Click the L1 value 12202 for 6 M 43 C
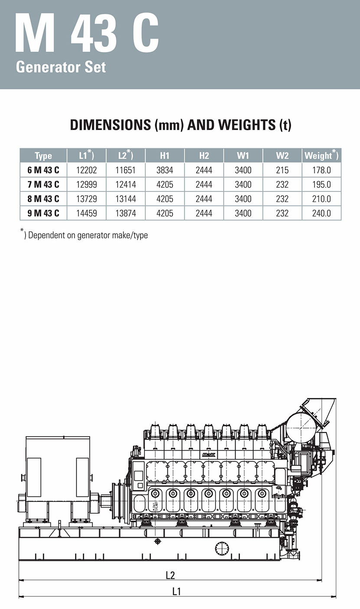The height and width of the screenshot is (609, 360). (x=86, y=170)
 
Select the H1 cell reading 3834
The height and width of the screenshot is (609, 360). (x=164, y=170)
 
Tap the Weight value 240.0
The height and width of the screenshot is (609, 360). (x=321, y=213)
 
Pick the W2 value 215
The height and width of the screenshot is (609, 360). (x=282, y=170)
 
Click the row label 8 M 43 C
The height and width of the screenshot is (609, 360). (x=43, y=199)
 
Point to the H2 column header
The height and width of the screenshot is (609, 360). (x=204, y=156)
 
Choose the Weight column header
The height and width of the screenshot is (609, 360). (x=321, y=155)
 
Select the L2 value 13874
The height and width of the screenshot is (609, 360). (x=125, y=213)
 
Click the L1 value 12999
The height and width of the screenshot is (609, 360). (x=86, y=184)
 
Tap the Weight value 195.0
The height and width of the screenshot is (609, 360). (x=321, y=184)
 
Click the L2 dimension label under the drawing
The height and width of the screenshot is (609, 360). (x=170, y=575)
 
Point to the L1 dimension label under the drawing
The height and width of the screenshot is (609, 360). (x=177, y=591)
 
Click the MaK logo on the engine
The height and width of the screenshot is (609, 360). (x=209, y=455)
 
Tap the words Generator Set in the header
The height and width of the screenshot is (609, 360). (x=61, y=67)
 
